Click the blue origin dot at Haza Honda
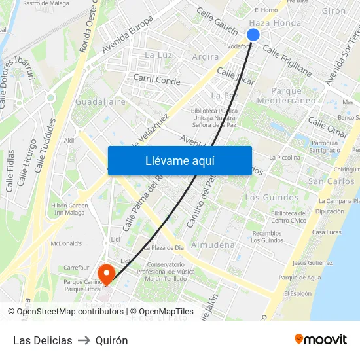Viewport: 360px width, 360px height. [x=254, y=35]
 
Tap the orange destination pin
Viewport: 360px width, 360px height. [x=106, y=272]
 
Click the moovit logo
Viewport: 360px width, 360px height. [x=321, y=339]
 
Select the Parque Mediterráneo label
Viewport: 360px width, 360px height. [x=287, y=96]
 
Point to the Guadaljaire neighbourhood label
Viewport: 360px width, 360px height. [x=100, y=102]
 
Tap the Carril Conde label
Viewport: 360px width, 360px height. [x=156, y=81]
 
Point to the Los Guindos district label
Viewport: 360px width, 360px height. [x=272, y=197]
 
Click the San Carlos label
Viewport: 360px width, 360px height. [x=331, y=181]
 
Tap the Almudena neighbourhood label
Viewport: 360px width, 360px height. [x=212, y=245]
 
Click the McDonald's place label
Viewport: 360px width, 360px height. [x=66, y=243]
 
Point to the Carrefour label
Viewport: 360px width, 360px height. [x=77, y=268]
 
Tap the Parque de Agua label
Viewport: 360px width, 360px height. [x=300, y=278]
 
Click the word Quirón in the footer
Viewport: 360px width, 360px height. [x=111, y=340]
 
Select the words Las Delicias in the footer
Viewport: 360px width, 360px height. [x=43, y=340]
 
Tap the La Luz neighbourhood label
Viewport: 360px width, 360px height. [x=158, y=55]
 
